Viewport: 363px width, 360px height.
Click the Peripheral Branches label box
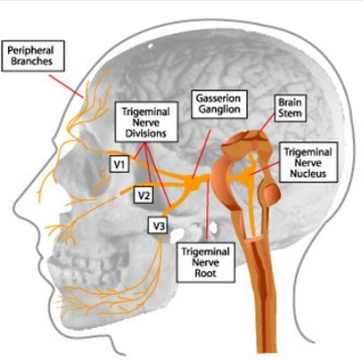(33, 56)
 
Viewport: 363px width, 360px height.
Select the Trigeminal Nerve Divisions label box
(146, 122)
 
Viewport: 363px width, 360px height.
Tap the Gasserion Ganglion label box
(220, 104)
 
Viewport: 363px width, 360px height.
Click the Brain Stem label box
(290, 108)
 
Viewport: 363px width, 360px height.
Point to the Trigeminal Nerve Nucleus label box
(308, 162)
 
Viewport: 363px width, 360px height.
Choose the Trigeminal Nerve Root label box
(205, 262)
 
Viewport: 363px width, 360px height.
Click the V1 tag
(119, 164)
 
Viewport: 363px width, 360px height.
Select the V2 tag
(143, 195)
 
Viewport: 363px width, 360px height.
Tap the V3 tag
(158, 225)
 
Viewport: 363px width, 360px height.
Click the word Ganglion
(220, 109)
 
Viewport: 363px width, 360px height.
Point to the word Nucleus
(308, 174)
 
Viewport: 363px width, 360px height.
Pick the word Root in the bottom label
(205, 273)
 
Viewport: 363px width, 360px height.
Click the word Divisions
(146, 133)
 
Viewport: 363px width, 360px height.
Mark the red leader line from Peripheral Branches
(66, 86)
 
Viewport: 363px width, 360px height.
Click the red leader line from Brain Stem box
(266, 123)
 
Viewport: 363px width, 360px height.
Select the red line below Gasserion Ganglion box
(202, 153)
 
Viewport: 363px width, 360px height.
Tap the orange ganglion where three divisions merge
(193, 183)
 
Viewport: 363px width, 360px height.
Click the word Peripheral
(30, 50)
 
